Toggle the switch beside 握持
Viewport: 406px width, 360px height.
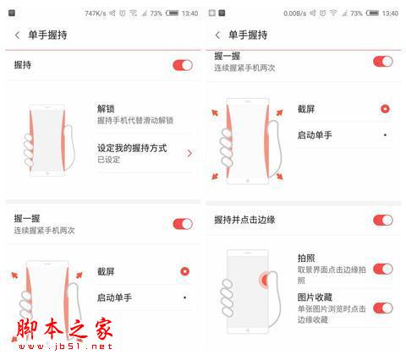coord(182,65)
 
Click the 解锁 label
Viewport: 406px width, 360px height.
coord(106,109)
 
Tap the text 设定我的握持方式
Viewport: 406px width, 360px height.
coord(131,148)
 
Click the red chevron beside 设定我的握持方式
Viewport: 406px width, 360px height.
coord(189,153)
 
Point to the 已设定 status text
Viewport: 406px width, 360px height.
coord(108,159)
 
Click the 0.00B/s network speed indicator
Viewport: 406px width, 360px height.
coord(297,14)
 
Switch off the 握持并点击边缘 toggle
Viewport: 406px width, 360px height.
coord(382,220)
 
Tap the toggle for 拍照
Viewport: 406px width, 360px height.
coord(382,269)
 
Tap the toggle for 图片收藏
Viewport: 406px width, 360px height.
coord(382,308)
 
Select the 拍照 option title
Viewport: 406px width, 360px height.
coord(306,259)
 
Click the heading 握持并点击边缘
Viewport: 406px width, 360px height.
coord(244,221)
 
